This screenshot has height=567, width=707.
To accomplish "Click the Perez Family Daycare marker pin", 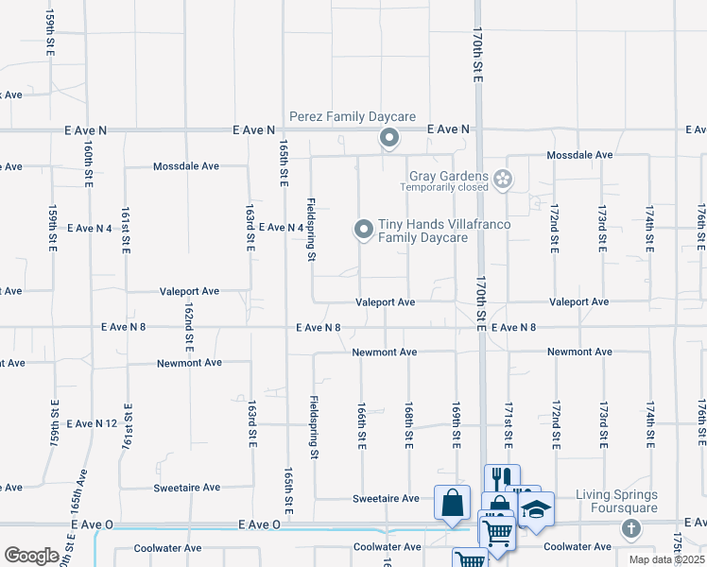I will (x=388, y=139).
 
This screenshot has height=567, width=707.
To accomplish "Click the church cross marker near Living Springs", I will (x=630, y=527).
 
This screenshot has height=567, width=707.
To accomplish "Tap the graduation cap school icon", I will (x=536, y=510).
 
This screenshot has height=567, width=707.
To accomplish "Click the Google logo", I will (x=31, y=555).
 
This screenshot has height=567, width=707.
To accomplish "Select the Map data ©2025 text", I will (x=666, y=559).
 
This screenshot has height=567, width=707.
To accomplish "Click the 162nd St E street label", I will (x=189, y=326).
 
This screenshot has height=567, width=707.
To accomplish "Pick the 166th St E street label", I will (x=361, y=422).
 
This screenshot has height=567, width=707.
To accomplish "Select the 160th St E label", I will (x=87, y=164).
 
